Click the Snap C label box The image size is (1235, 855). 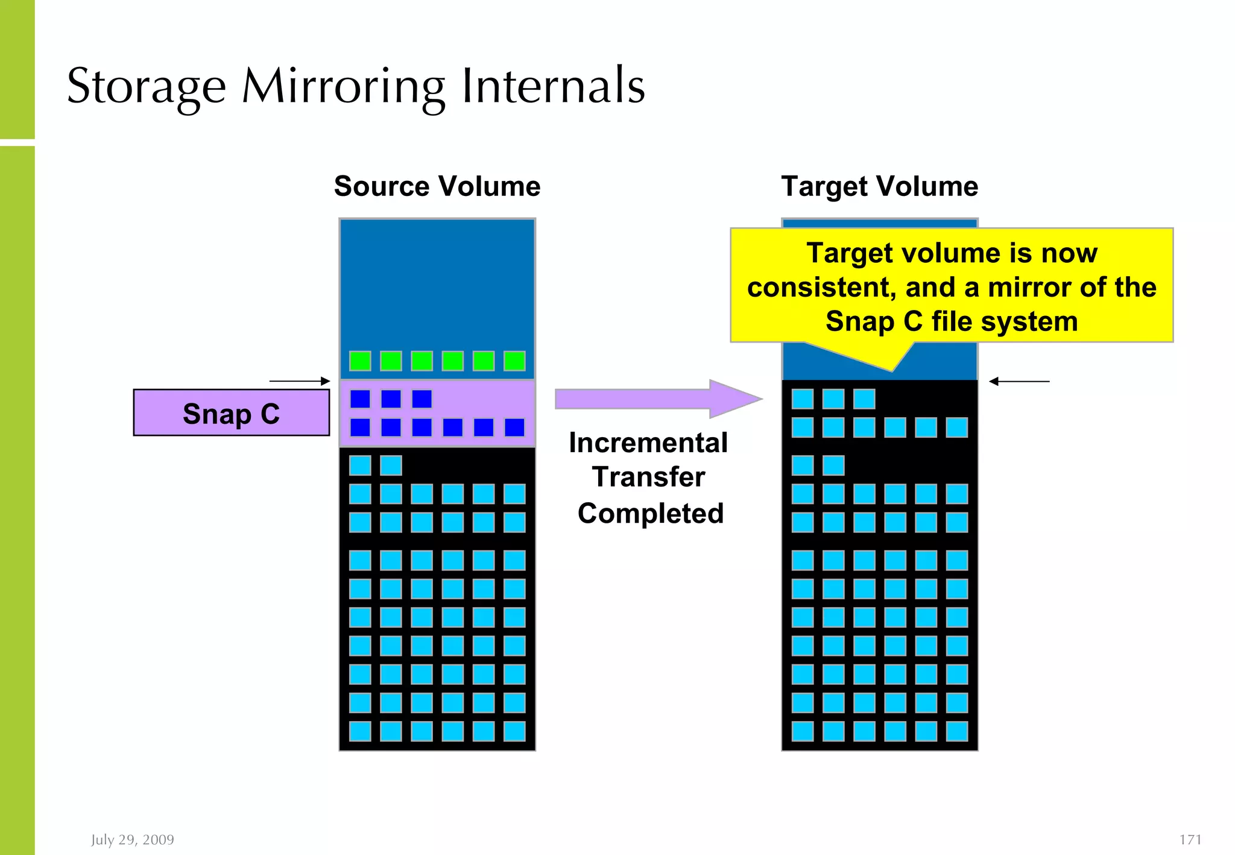(x=231, y=413)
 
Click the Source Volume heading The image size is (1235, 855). (x=437, y=186)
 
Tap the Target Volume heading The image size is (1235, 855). (x=879, y=186)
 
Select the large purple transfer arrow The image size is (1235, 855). (x=657, y=399)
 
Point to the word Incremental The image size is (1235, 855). (x=648, y=443)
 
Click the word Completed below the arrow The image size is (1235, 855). (x=650, y=513)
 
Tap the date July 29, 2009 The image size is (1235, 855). (x=133, y=839)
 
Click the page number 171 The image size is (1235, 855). (x=1190, y=839)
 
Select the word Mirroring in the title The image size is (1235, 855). (x=344, y=87)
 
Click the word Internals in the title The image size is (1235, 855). (x=553, y=87)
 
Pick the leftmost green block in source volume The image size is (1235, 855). (x=360, y=361)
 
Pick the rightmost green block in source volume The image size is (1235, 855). (x=514, y=361)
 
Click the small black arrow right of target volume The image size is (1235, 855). (x=1019, y=381)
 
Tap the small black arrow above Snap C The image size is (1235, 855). (x=300, y=381)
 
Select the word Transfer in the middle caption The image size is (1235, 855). (x=648, y=477)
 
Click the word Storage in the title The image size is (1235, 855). (x=146, y=87)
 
